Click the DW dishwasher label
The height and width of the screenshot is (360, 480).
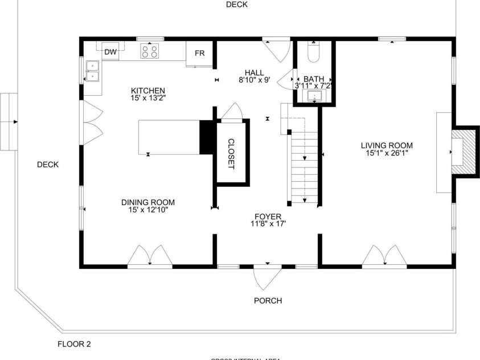(110, 52)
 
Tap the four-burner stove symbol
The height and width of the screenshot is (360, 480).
(150, 52)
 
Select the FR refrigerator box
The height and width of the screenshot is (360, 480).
(199, 53)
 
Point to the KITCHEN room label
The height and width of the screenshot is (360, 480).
(148, 91)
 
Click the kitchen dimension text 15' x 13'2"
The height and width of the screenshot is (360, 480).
(148, 98)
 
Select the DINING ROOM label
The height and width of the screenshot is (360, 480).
(148, 202)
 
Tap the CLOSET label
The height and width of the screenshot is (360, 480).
(231, 153)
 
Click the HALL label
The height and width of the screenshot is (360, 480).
(255, 72)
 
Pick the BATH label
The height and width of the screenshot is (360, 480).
(313, 79)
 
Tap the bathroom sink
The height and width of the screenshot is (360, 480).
(314, 97)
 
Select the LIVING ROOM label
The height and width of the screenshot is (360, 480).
(389, 145)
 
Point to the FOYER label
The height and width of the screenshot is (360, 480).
(268, 216)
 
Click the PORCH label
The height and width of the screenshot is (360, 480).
(268, 301)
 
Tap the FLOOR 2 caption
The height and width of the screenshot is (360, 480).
(74, 344)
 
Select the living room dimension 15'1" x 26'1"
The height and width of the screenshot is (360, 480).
(389, 153)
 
